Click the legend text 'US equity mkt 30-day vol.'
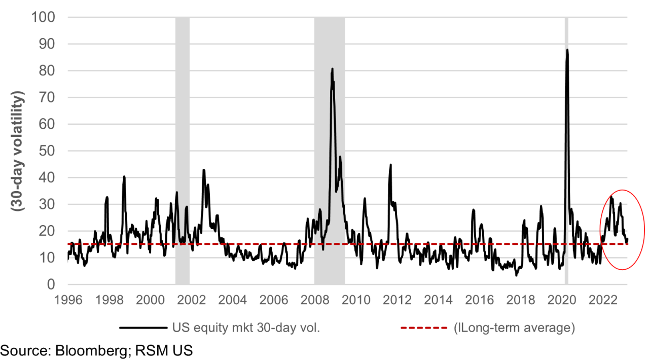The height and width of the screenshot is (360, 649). point(247,328)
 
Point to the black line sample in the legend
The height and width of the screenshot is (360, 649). point(143,328)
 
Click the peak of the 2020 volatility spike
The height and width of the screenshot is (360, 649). point(567,50)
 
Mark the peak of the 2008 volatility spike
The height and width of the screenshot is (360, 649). point(332,68)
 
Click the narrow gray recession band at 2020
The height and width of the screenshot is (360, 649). point(566,152)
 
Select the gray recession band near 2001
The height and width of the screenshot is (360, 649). point(182,152)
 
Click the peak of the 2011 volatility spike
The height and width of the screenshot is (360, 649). point(390,165)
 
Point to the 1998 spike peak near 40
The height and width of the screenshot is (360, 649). point(124,176)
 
